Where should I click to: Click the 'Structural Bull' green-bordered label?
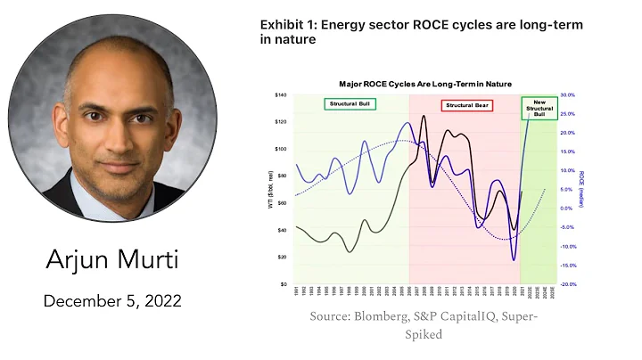coord(348,104)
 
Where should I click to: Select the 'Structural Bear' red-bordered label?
coord(466,105)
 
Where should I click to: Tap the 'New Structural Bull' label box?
coord(538,108)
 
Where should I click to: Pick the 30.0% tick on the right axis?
coord(567,95)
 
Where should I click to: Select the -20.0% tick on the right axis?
coord(567,284)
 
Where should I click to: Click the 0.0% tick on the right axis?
coord(567,209)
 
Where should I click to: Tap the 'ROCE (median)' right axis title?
coord(582,190)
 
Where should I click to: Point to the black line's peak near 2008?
coord(424,117)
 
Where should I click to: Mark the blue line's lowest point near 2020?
coord(514,260)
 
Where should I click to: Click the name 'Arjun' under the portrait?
coord(81,261)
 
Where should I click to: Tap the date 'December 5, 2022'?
coord(111,301)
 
